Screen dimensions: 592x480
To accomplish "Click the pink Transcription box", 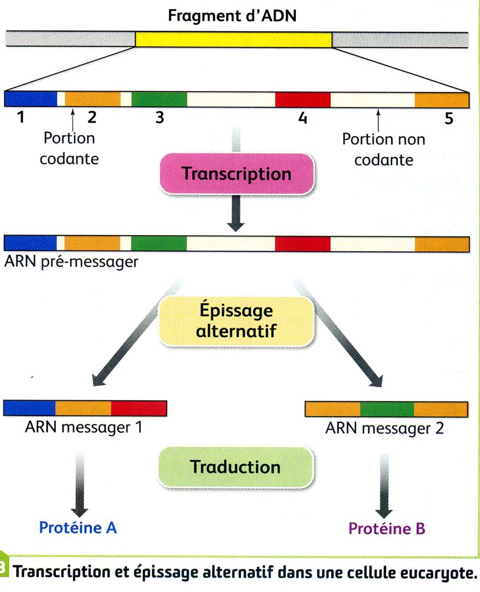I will click(x=236, y=174).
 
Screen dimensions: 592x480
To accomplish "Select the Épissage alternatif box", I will click(x=237, y=321).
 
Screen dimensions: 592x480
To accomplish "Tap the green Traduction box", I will click(x=236, y=467).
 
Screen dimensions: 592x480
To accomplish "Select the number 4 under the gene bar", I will click(x=301, y=118).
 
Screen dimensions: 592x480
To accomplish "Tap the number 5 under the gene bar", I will click(x=449, y=119).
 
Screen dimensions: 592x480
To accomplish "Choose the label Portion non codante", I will click(x=384, y=150).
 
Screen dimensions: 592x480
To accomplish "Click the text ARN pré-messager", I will click(x=71, y=261).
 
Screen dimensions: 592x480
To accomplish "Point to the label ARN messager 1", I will click(x=84, y=427).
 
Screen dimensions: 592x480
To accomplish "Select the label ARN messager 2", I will click(x=384, y=428).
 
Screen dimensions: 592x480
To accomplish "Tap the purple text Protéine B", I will click(x=387, y=530).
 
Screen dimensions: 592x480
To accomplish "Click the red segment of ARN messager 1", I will click(x=139, y=409).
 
